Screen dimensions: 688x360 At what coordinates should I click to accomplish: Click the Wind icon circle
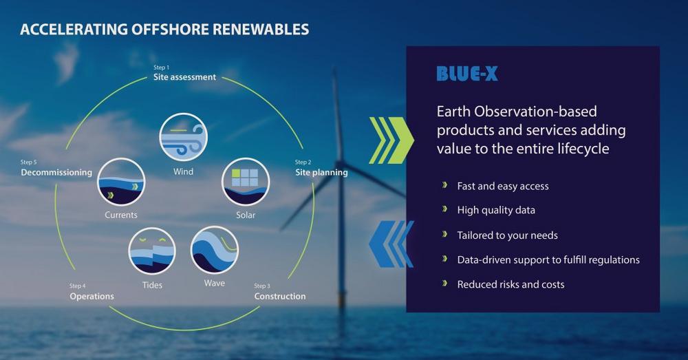click(184, 137)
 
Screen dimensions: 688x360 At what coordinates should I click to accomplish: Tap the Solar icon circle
click(246, 182)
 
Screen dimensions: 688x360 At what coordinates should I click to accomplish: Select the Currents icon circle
click(121, 182)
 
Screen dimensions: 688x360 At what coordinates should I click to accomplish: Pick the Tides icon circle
click(152, 251)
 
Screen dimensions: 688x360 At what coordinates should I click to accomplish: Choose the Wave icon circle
click(215, 250)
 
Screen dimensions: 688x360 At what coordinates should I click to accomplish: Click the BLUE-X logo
click(467, 74)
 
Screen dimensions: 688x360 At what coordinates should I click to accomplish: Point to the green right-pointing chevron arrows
click(391, 140)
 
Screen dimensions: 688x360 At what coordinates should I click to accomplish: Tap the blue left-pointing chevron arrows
click(391, 244)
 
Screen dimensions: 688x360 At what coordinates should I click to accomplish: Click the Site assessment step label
click(184, 77)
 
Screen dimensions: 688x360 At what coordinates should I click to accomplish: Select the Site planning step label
click(321, 172)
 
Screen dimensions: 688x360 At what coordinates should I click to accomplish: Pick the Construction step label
click(280, 297)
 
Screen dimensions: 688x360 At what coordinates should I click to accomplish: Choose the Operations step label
click(92, 297)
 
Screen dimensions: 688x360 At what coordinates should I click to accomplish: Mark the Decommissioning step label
click(56, 172)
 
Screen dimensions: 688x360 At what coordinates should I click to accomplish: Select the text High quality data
click(496, 210)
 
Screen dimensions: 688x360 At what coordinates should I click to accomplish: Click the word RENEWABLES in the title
click(261, 29)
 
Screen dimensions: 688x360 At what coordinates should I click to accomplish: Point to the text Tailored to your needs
click(507, 235)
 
